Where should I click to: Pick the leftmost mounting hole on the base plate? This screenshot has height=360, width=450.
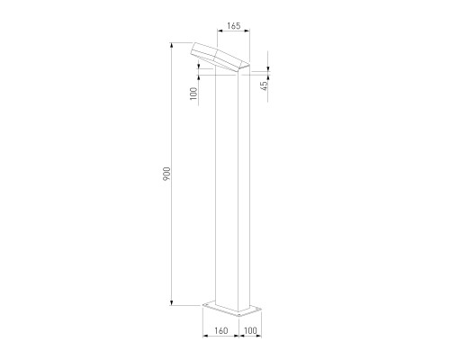(x=210, y=307)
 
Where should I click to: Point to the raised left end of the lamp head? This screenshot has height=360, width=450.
(x=194, y=50)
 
